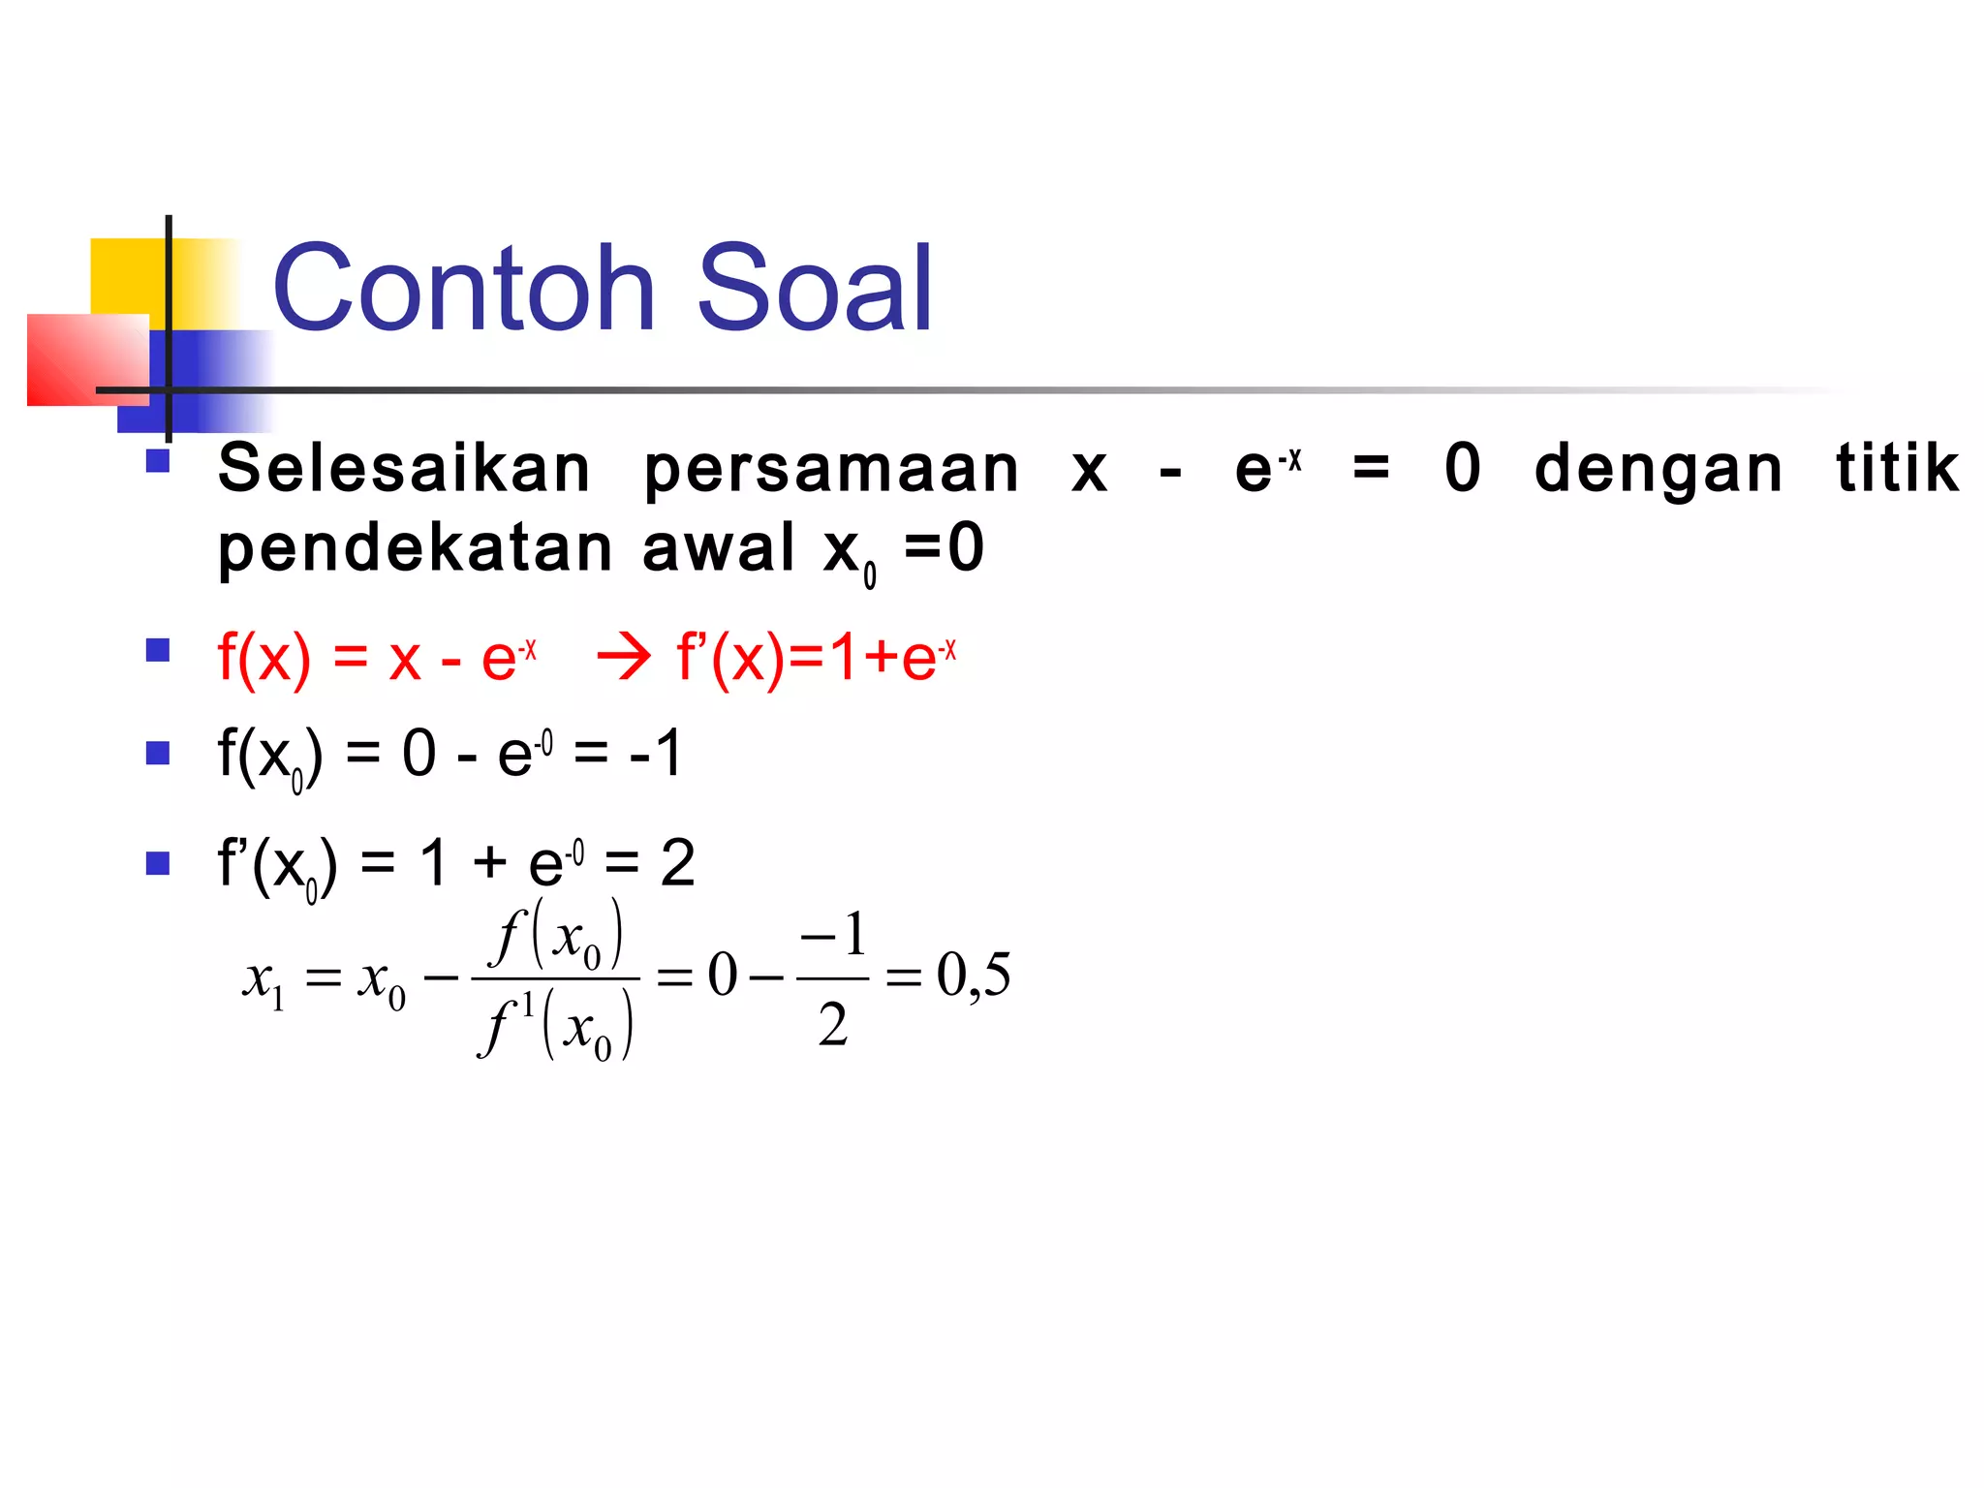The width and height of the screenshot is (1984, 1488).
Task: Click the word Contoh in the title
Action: pyautogui.click(x=464, y=289)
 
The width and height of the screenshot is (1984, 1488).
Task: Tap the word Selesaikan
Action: pyautogui.click(x=404, y=469)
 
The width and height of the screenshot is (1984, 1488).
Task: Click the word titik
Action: pyautogui.click(x=1897, y=468)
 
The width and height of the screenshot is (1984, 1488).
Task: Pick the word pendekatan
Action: pyautogui.click(x=416, y=548)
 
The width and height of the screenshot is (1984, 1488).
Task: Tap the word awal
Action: pyautogui.click(x=718, y=548)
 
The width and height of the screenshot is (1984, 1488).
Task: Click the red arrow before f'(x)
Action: pyautogui.click(x=624, y=659)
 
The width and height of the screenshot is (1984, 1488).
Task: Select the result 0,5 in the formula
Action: pyautogui.click(x=973, y=975)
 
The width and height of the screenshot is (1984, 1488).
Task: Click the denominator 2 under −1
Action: pyautogui.click(x=832, y=1025)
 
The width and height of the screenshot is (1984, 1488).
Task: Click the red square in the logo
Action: pyautogui.click(x=87, y=358)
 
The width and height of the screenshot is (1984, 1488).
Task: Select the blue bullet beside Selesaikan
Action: pyautogui.click(x=158, y=459)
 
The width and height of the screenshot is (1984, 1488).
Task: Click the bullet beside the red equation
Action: pyautogui.click(x=158, y=649)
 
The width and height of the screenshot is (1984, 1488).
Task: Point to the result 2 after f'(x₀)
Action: pyautogui.click(x=677, y=863)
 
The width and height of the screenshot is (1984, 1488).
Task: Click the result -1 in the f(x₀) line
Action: pyautogui.click(x=656, y=754)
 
